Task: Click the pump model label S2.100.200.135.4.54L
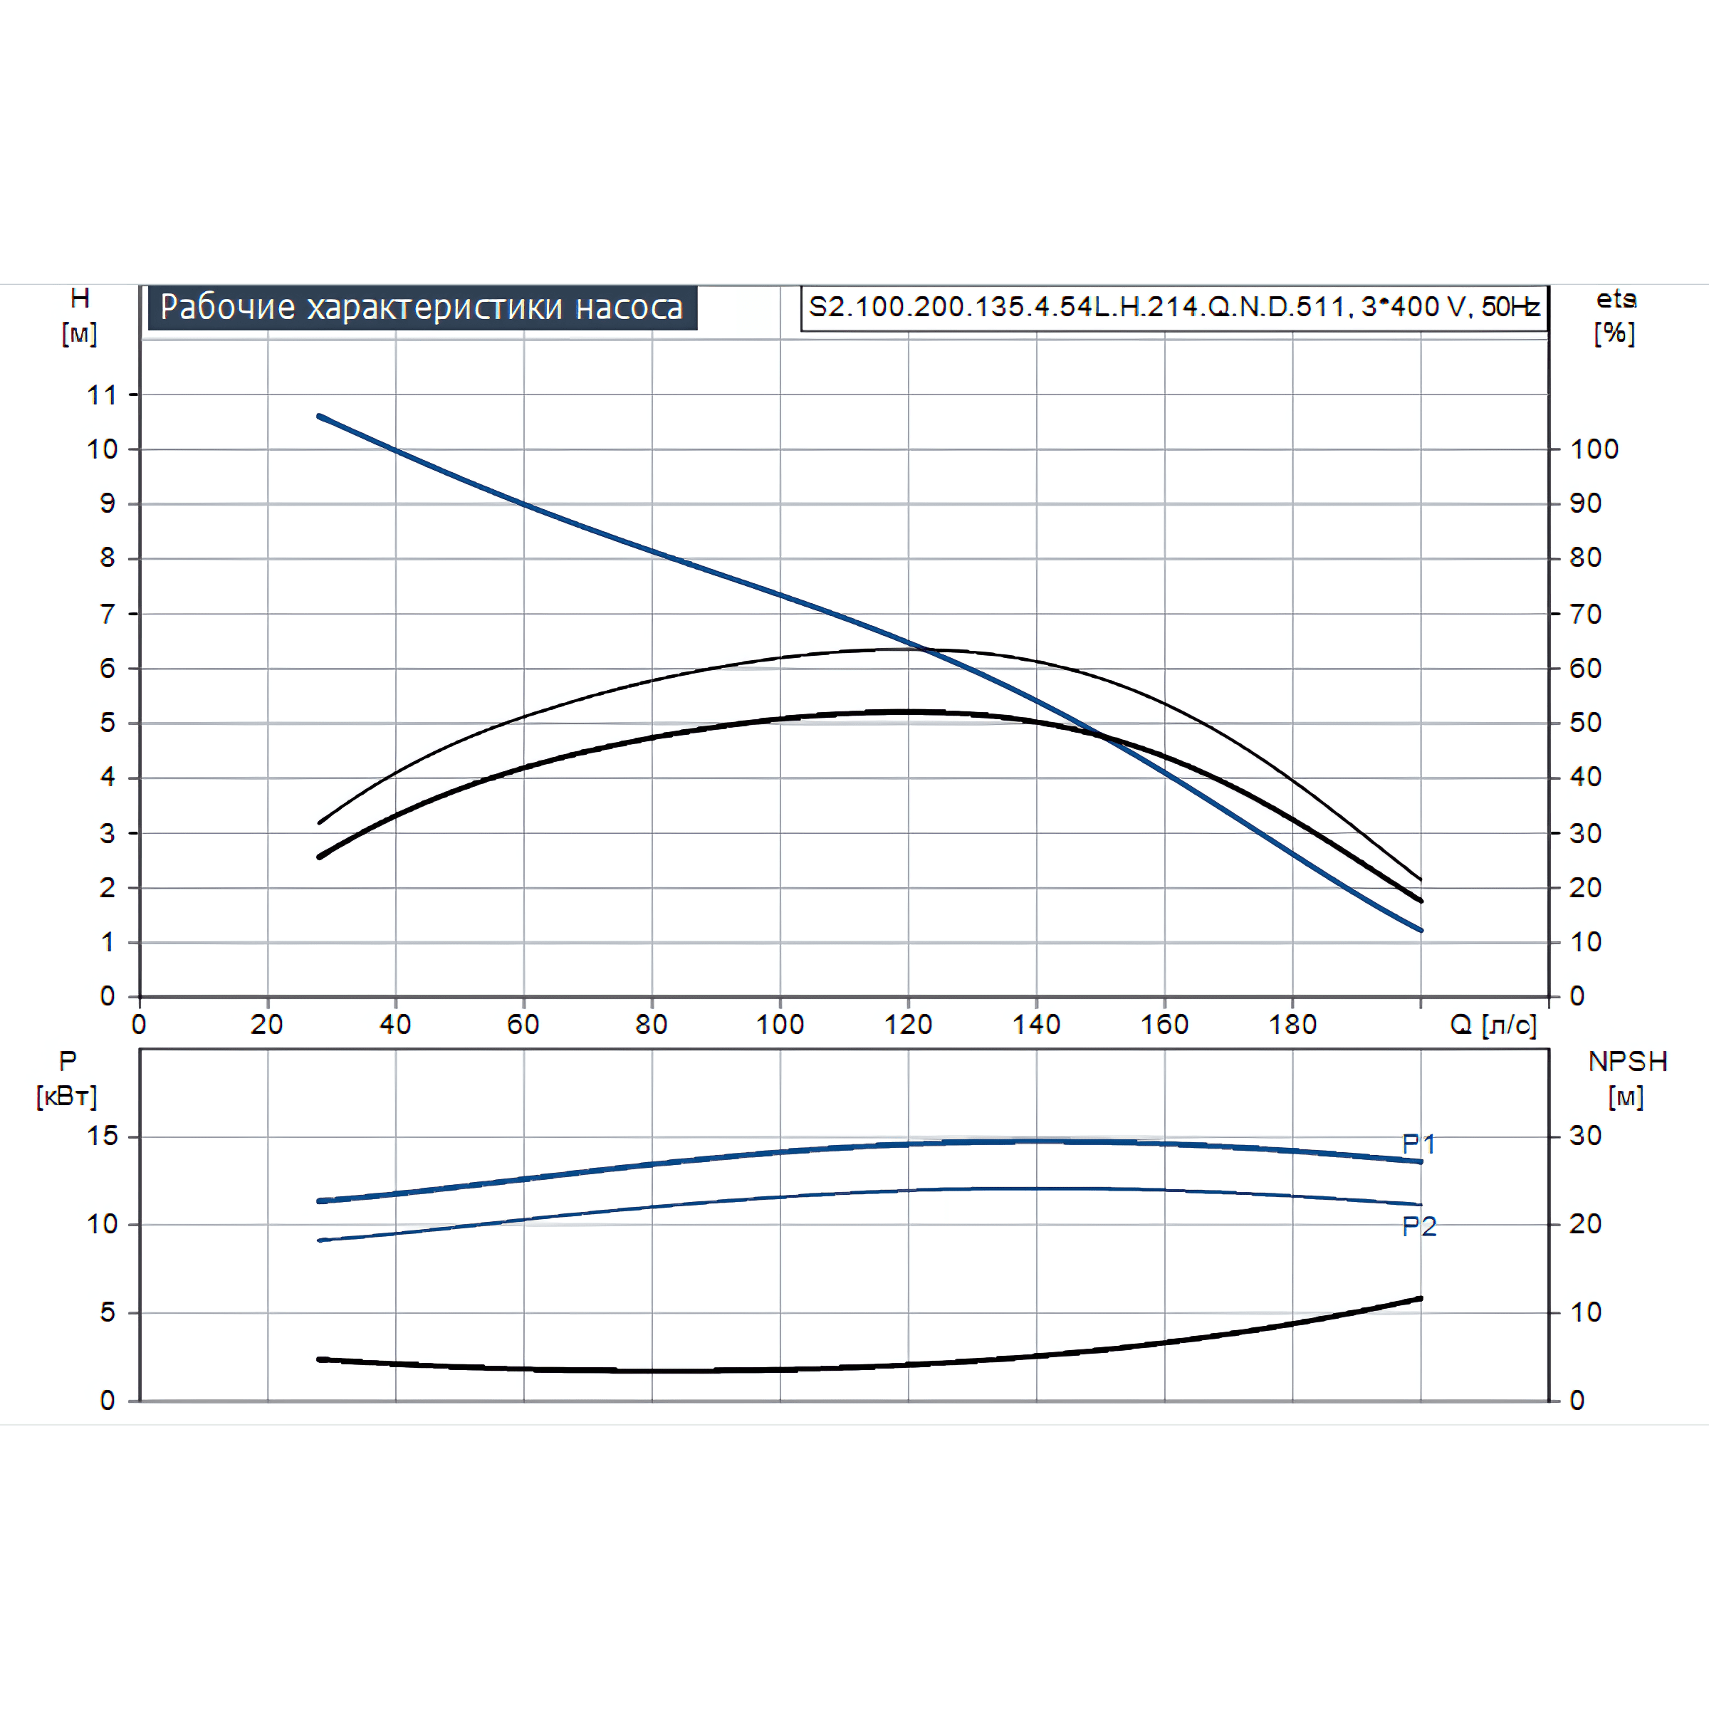coord(1173,307)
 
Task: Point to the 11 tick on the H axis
coord(103,394)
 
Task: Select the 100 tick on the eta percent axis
coord(1594,449)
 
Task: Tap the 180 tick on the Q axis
coord(1292,1025)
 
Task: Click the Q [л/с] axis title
coord(1493,1025)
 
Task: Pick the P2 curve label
coord(1419,1226)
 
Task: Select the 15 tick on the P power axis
coord(103,1136)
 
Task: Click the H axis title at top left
coord(80,315)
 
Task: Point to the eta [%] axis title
coord(1615,315)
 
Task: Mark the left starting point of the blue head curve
coord(319,416)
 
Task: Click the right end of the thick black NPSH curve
coord(1421,1299)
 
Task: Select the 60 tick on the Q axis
coord(523,1025)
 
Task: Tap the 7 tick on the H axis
coord(107,614)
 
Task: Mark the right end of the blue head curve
coord(1421,930)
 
